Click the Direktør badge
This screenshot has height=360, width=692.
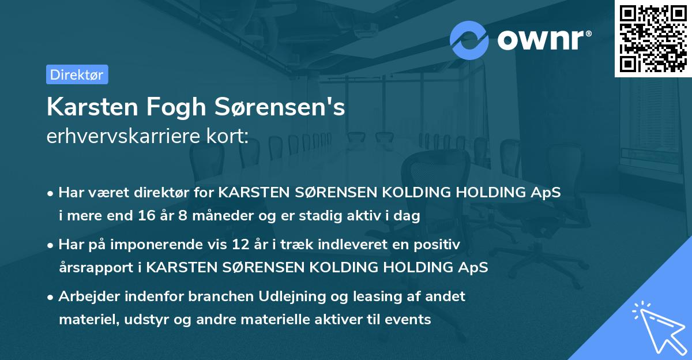coord(77,74)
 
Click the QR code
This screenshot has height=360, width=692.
coord(653,39)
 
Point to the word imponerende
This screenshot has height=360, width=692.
coord(165,245)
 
